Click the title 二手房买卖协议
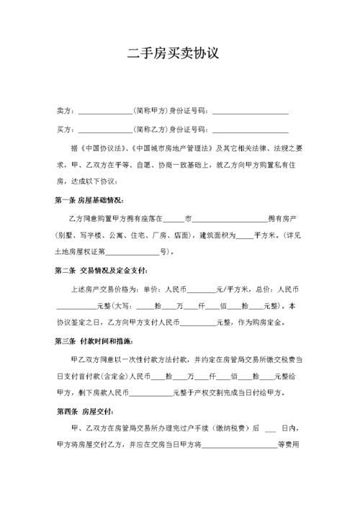click(x=180, y=54)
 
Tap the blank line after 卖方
click(x=105, y=112)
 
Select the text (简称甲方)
click(x=150, y=112)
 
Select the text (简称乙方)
click(x=150, y=130)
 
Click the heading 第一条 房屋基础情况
click(x=89, y=199)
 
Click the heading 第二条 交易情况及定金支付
click(x=102, y=270)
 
